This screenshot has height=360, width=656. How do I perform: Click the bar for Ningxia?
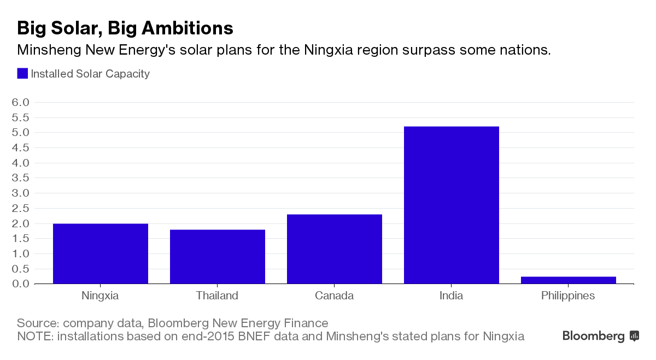(x=101, y=253)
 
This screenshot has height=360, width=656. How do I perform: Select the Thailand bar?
(x=218, y=257)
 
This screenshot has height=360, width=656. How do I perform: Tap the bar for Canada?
(x=335, y=249)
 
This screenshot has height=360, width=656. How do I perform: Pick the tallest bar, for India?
(x=452, y=205)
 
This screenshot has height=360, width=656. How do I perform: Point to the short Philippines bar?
(x=569, y=280)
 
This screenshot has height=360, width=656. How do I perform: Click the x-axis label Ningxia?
(x=100, y=296)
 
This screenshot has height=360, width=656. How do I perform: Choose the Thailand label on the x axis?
(x=217, y=296)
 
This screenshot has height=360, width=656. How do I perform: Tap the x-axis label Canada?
(x=334, y=296)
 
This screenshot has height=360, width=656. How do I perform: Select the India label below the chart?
(x=451, y=296)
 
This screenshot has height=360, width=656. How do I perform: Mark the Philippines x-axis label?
(x=568, y=296)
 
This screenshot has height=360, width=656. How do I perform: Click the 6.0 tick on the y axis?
(x=20, y=102)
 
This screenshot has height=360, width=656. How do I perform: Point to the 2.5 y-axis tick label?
(x=20, y=208)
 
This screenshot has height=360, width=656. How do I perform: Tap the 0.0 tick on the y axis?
(x=20, y=284)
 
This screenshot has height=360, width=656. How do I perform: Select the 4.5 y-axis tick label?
(x=20, y=147)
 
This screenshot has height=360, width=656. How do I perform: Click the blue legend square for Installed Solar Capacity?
(x=22, y=74)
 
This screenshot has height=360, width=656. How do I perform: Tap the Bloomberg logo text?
(x=594, y=336)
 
